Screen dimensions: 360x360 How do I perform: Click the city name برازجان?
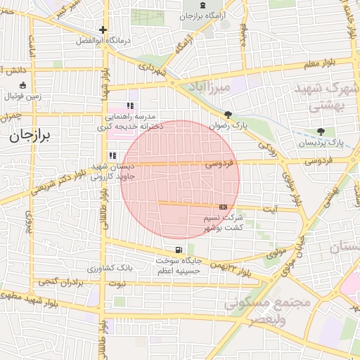pos(31,136)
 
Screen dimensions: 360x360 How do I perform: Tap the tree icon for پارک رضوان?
pos(228,115)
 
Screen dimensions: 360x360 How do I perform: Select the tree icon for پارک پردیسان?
pos(321,131)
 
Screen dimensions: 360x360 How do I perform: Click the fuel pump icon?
pos(179,250)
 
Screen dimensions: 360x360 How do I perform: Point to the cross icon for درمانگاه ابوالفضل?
pos(103,30)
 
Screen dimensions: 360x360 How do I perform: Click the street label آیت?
pos(270,208)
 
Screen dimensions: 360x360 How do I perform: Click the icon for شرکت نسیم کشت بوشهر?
pos(223,207)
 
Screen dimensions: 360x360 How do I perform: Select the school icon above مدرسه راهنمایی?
pos(130,105)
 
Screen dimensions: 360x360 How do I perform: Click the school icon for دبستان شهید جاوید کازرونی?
pos(112,155)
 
